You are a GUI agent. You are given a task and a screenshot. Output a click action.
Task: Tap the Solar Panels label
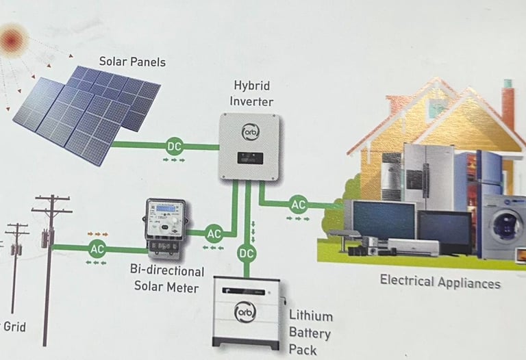coord(132,62)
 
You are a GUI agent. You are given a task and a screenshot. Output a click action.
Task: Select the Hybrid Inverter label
coord(253,94)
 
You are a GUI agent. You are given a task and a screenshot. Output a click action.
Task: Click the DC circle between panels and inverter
coord(175,145)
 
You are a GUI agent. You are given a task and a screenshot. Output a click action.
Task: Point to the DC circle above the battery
coord(247,255)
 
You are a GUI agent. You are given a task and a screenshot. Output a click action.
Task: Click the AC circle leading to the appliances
coord(298,204)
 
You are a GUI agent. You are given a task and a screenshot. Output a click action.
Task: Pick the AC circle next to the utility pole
coord(97,249)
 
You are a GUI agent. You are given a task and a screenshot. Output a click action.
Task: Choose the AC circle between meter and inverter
coord(214,233)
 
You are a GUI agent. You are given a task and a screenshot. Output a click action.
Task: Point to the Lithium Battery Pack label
coord(310,333)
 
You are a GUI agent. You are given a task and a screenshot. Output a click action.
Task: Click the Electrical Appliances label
coord(440,281)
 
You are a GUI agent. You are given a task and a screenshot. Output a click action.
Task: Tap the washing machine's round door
coord(503,224)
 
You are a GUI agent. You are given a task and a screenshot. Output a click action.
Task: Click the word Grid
coord(14,326)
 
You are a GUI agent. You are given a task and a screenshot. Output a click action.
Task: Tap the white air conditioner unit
coord(414,246)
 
